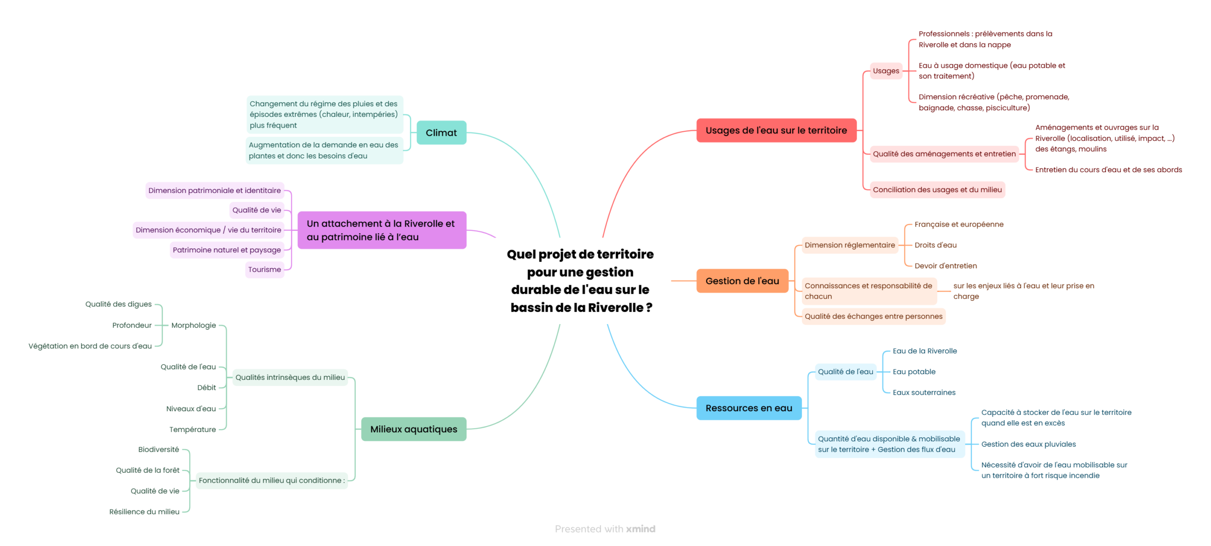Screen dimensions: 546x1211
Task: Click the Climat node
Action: pos(440,132)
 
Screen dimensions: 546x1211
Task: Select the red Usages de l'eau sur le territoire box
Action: pos(776,130)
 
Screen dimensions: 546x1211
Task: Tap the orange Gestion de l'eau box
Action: pos(742,281)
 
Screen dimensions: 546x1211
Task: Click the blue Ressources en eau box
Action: pos(748,408)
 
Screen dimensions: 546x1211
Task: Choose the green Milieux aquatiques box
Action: pos(413,429)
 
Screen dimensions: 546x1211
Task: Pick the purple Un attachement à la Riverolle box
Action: pos(381,230)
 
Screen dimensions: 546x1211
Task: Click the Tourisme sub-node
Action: pos(264,269)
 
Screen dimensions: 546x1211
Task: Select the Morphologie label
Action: pos(193,325)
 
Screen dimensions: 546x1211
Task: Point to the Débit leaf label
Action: pos(206,387)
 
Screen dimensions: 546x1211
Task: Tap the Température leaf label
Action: pos(193,429)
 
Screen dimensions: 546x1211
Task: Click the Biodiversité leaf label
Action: pos(158,449)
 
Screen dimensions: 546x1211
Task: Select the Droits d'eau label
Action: pos(935,245)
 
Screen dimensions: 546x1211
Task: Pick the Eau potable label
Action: pos(914,371)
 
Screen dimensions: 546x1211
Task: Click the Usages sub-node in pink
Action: pos(886,71)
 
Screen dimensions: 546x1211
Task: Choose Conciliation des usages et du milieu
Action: pos(937,190)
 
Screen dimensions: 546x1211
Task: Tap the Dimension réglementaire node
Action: pos(850,245)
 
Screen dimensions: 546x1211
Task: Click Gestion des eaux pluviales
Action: pos(1028,444)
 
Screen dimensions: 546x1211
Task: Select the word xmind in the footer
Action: pos(641,528)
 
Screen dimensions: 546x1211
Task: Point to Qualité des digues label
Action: pos(118,304)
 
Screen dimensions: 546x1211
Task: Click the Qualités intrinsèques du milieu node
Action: pos(290,377)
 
